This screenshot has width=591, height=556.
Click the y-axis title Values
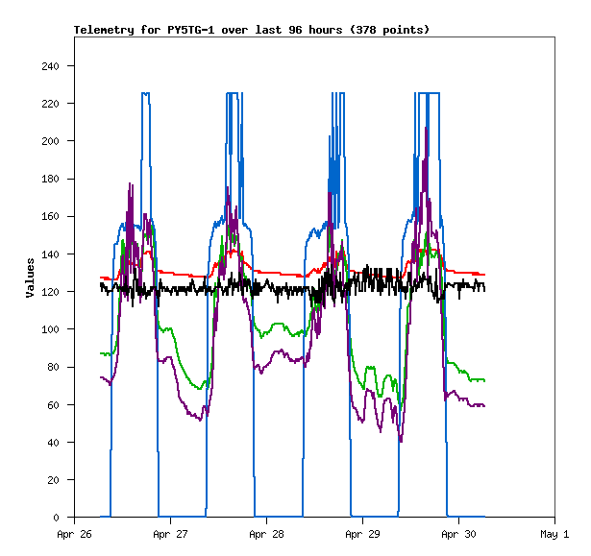pyautogui.click(x=30, y=277)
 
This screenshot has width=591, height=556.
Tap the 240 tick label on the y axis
pyautogui.click(x=51, y=66)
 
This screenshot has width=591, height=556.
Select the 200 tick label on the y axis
pyautogui.click(x=51, y=141)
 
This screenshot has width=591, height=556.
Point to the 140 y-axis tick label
pyautogui.click(x=51, y=254)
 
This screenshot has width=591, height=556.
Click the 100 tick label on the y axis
pyautogui.click(x=51, y=329)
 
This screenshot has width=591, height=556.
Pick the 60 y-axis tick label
pyautogui.click(x=54, y=405)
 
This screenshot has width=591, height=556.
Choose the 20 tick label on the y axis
pyautogui.click(x=54, y=480)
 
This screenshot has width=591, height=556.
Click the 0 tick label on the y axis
pyautogui.click(x=57, y=518)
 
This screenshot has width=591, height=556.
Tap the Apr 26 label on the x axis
pyautogui.click(x=74, y=534)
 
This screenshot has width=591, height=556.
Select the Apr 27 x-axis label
pyautogui.click(x=170, y=534)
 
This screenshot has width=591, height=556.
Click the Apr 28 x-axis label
pyautogui.click(x=266, y=534)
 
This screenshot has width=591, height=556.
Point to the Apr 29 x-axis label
pyautogui.click(x=362, y=534)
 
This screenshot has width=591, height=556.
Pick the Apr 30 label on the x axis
pyautogui.click(x=458, y=534)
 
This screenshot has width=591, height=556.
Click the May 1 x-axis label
pyautogui.click(x=554, y=534)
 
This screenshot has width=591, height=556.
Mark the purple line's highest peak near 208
pyautogui.click(x=427, y=128)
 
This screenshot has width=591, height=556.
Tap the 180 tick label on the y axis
pyautogui.click(x=51, y=179)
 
